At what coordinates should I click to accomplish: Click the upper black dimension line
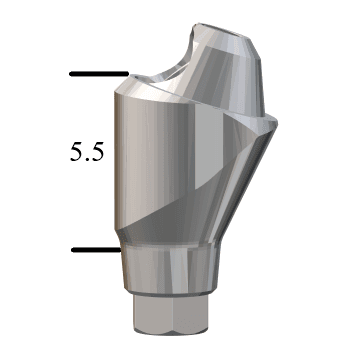99,74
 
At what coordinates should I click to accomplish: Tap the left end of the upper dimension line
70,74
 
